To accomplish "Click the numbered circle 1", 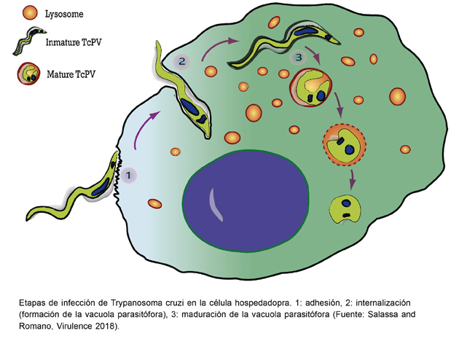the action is pos(128,176).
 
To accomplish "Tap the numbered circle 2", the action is pos(182,62).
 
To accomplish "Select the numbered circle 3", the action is pos(298,57).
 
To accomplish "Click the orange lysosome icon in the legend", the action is pos(30,13).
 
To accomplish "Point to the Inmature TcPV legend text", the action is pos(74,42).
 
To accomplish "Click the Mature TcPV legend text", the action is pos(71,74).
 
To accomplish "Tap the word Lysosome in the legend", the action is pos(64,14).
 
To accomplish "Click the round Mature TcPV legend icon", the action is pos(28,74).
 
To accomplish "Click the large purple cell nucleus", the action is pos(246,201).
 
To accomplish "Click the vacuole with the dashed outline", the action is pos(344,145).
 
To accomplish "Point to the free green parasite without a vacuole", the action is pos(345,209).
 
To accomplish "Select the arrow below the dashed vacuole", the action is pos(353,179).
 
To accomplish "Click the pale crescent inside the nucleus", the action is pos(216,204).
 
